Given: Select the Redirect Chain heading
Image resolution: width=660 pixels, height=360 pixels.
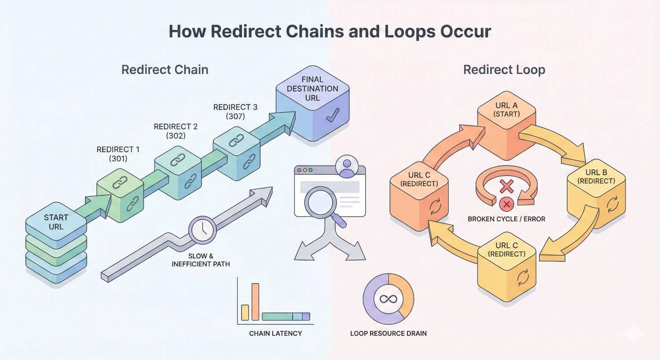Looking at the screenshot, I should point(165,70).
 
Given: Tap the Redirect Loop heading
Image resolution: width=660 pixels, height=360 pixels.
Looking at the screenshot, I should point(504,70).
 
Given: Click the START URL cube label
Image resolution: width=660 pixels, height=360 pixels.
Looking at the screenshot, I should point(56,222).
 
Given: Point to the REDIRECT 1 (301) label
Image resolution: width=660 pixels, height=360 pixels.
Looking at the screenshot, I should point(118,154).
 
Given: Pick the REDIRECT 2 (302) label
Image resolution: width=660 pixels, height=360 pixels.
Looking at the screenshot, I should point(176,131).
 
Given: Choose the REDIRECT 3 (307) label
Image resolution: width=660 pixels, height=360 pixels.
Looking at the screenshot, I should point(235,112).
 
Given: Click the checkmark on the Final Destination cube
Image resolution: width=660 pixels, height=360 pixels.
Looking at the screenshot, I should point(333,116).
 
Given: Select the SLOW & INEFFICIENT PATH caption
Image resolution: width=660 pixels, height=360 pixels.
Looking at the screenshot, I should point(201,260).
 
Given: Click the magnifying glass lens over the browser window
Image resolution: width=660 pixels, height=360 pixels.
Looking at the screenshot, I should point(322,202).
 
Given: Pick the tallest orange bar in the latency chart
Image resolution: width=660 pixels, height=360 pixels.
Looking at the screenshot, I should point(255,302).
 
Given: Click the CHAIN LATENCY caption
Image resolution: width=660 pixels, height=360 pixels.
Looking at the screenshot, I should point(275,333).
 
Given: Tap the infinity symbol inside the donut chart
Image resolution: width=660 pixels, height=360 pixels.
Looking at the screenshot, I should point(388,299).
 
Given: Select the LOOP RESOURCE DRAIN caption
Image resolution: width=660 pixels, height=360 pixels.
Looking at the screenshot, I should point(388,333).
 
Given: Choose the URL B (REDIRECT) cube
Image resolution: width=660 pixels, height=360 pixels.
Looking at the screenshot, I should point(596,194).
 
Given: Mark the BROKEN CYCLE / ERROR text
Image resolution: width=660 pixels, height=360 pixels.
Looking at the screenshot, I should point(506,219).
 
